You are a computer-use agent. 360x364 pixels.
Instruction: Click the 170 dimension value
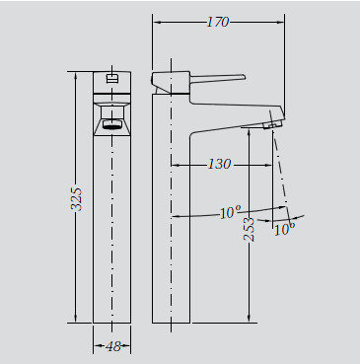tap(218, 22)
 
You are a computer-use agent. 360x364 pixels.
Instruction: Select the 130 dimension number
tap(220, 164)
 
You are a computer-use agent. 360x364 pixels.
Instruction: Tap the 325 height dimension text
tap(76, 199)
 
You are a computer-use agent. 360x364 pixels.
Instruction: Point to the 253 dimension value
tap(250, 230)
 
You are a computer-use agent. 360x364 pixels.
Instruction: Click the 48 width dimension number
tap(113, 346)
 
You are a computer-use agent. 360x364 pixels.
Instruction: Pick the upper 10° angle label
tap(231, 212)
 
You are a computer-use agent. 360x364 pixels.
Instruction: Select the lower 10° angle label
tap(284, 229)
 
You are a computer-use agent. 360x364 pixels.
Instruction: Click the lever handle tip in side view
tap(245, 77)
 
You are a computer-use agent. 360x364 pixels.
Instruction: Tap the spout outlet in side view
tap(272, 124)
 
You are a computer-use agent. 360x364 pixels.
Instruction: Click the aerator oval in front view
tap(111, 124)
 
